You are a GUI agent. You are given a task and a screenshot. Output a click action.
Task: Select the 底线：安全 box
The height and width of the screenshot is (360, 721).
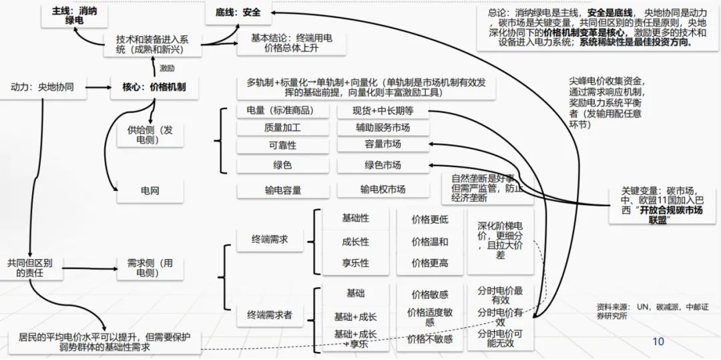tap(238, 13)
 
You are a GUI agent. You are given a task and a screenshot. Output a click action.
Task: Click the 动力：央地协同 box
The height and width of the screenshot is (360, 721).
tap(42, 87)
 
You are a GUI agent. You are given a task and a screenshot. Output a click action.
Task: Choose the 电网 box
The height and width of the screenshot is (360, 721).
tap(150, 191)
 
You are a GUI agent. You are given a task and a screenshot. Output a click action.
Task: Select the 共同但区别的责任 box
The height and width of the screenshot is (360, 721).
tap(30, 267)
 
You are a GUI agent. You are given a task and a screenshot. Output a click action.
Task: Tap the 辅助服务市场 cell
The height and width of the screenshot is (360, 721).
tap(383, 128)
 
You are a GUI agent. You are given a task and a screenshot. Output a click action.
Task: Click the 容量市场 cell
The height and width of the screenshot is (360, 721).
tap(383, 144)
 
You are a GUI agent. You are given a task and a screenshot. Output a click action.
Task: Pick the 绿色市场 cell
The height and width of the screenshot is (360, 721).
tap(383, 165)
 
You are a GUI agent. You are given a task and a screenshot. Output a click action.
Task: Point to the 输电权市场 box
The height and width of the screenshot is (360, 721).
tap(383, 190)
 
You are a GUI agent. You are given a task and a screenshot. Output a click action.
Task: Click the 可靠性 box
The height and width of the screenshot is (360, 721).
tap(282, 145)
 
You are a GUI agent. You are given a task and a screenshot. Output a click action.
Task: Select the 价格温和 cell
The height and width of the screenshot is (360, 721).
tap(429, 241)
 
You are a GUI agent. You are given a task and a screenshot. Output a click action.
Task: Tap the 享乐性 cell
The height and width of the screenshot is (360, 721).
tap(355, 263)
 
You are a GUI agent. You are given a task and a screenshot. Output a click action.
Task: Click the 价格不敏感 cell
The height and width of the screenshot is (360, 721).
tap(429, 339)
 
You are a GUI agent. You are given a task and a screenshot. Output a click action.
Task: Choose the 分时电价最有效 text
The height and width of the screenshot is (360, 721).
tap(500, 297)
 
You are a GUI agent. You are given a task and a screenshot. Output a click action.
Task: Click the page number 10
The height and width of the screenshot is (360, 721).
tap(658, 342)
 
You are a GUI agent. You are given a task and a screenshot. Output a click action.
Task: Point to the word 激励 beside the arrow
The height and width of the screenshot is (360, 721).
tap(167, 67)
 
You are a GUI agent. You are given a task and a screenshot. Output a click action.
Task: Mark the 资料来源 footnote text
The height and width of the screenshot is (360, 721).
tap(631, 311)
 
